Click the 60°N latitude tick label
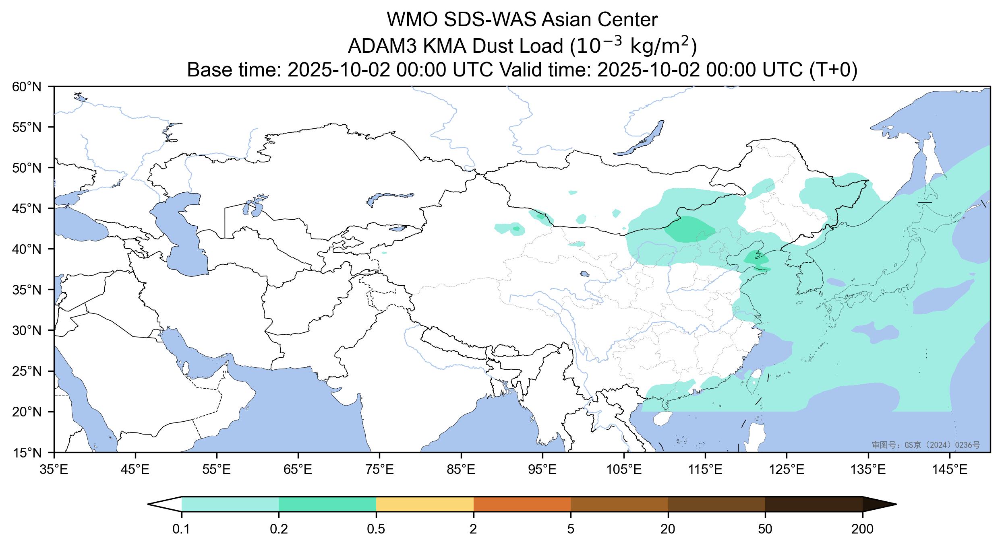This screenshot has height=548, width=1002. point(27,87)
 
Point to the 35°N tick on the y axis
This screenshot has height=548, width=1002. point(27,290)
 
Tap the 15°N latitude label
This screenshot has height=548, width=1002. point(27,453)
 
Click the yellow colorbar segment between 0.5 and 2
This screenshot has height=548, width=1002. point(424,504)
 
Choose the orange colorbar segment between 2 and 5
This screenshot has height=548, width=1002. point(522,504)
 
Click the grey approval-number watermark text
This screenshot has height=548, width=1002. point(925,445)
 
